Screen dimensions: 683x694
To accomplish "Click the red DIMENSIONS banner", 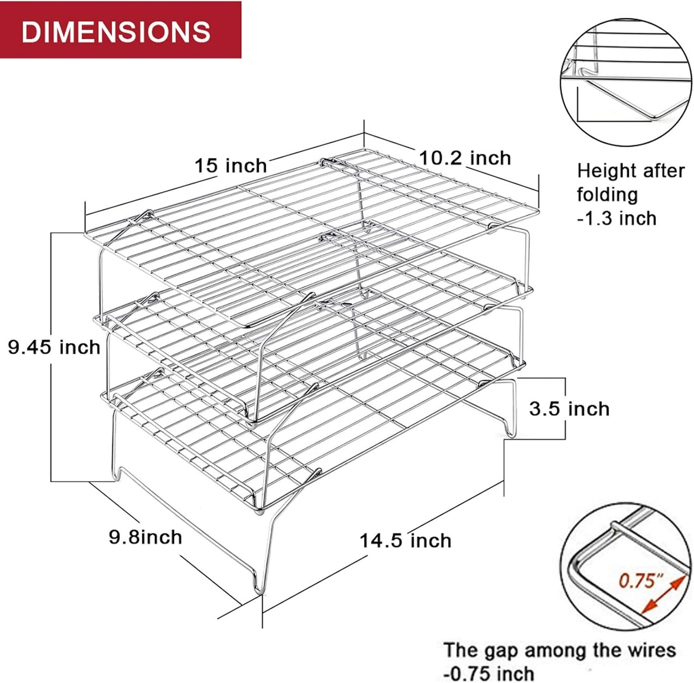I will pyautogui.click(x=120, y=30).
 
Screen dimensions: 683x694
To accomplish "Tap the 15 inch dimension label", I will pyautogui.click(x=231, y=166).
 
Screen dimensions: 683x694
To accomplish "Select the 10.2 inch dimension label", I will pyautogui.click(x=465, y=158).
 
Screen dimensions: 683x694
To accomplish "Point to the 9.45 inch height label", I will pyautogui.click(x=54, y=347).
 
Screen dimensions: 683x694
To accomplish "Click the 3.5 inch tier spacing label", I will pyautogui.click(x=569, y=409).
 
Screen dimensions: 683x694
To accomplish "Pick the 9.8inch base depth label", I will pyautogui.click(x=146, y=537).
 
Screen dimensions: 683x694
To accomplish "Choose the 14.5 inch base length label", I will pyautogui.click(x=406, y=540).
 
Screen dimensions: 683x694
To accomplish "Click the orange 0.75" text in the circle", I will pyautogui.click(x=636, y=581).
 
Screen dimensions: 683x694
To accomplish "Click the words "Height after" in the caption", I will pyautogui.click(x=631, y=171).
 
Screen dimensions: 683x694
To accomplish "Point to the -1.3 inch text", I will pyautogui.click(x=617, y=218).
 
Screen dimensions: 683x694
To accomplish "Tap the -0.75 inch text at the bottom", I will pyautogui.click(x=488, y=673).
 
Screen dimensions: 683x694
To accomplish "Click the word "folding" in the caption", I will pyautogui.click(x=607, y=195).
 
